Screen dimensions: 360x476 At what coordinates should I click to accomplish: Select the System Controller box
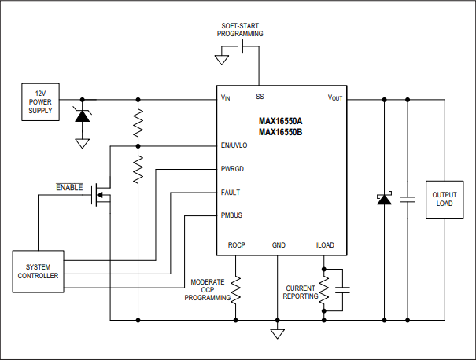38,271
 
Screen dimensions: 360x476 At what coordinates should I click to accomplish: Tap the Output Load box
444,198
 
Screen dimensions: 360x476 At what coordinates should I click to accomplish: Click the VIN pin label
226,97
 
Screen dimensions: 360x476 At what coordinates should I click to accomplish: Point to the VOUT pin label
336,97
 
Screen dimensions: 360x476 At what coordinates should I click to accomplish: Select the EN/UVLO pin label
234,145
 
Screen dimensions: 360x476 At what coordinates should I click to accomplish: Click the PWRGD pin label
232,169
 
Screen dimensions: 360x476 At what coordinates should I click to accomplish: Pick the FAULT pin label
231,192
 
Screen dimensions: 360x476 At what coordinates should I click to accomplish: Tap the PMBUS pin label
232,215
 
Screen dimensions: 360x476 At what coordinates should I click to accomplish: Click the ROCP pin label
236,245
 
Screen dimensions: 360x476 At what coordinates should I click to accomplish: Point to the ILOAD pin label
324,245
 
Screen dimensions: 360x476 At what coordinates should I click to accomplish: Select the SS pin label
259,97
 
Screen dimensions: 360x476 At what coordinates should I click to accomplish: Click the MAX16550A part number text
280,121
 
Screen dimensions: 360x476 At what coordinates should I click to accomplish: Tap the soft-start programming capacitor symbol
242,48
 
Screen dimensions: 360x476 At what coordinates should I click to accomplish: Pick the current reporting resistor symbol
324,289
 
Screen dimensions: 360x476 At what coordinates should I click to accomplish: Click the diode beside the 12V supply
81,116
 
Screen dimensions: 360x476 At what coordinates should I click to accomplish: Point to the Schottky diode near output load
384,199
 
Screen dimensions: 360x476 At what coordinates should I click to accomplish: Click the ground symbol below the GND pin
277,334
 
